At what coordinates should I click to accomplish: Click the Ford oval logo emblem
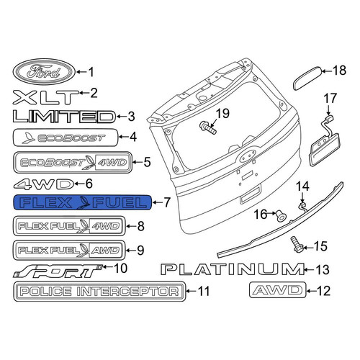point(44,71)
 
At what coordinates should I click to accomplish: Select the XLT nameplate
point(45,97)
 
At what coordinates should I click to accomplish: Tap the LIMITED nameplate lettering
point(64,117)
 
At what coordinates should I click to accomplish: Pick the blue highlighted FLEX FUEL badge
point(83,202)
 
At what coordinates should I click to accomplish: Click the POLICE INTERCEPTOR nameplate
point(99,291)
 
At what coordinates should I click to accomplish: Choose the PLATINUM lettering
point(233,269)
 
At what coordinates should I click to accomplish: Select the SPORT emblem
point(58,271)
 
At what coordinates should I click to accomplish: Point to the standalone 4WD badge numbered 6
point(43,184)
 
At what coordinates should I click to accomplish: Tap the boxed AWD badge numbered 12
point(278,290)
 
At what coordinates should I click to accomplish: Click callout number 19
point(223,113)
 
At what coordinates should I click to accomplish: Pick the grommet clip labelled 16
point(282,216)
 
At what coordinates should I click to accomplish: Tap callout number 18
point(339,71)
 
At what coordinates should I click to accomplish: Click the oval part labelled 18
point(308,78)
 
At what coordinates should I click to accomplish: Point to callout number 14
point(302,186)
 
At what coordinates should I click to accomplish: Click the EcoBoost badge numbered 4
point(66,138)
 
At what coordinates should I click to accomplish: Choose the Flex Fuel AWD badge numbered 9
point(69,251)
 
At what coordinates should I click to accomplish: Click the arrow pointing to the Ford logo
point(81,72)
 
